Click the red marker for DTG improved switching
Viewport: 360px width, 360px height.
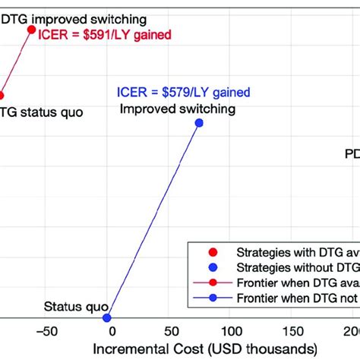pos(32,30)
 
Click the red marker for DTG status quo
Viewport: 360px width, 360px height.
pos(2,96)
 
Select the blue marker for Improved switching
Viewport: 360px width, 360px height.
pos(199,122)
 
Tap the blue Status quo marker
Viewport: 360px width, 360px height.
pos(107,317)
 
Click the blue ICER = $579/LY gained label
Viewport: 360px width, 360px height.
pos(184,93)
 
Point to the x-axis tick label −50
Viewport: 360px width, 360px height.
pos(46,331)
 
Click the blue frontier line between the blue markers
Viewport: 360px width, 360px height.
pos(153,220)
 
